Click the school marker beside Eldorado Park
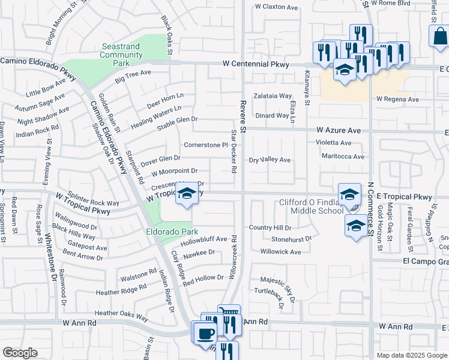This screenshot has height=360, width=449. pos(188,194)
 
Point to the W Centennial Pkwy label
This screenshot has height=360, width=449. pos(255,64)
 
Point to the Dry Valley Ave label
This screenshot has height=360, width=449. pos(270,160)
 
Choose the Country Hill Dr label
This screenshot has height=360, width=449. pos(270,228)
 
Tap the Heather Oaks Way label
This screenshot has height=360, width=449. pos(121,313)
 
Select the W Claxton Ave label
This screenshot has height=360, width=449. pos(276,7)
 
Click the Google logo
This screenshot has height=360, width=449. pos(20,352)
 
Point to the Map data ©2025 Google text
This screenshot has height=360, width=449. pos(411,355)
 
